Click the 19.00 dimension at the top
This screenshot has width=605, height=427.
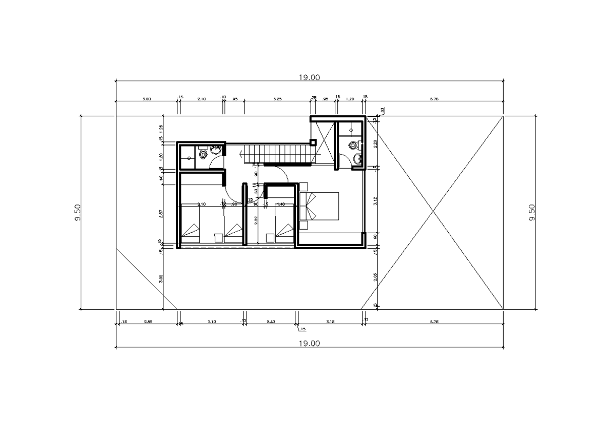(x=310, y=77)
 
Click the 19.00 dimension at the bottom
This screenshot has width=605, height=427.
(x=310, y=343)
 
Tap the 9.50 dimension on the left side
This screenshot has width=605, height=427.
(x=77, y=212)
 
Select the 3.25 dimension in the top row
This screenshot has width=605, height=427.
(x=277, y=99)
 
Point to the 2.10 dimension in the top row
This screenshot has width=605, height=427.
(x=201, y=99)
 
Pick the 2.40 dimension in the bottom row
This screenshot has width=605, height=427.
(x=271, y=321)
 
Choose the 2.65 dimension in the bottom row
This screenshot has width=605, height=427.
(x=149, y=321)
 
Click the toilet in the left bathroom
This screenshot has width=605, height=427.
(x=203, y=154)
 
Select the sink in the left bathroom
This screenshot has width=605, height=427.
(x=216, y=151)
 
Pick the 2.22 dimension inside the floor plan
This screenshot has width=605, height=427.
(x=257, y=220)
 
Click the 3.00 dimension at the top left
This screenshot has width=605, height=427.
(x=146, y=99)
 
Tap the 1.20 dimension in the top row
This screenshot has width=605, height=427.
(x=351, y=99)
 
